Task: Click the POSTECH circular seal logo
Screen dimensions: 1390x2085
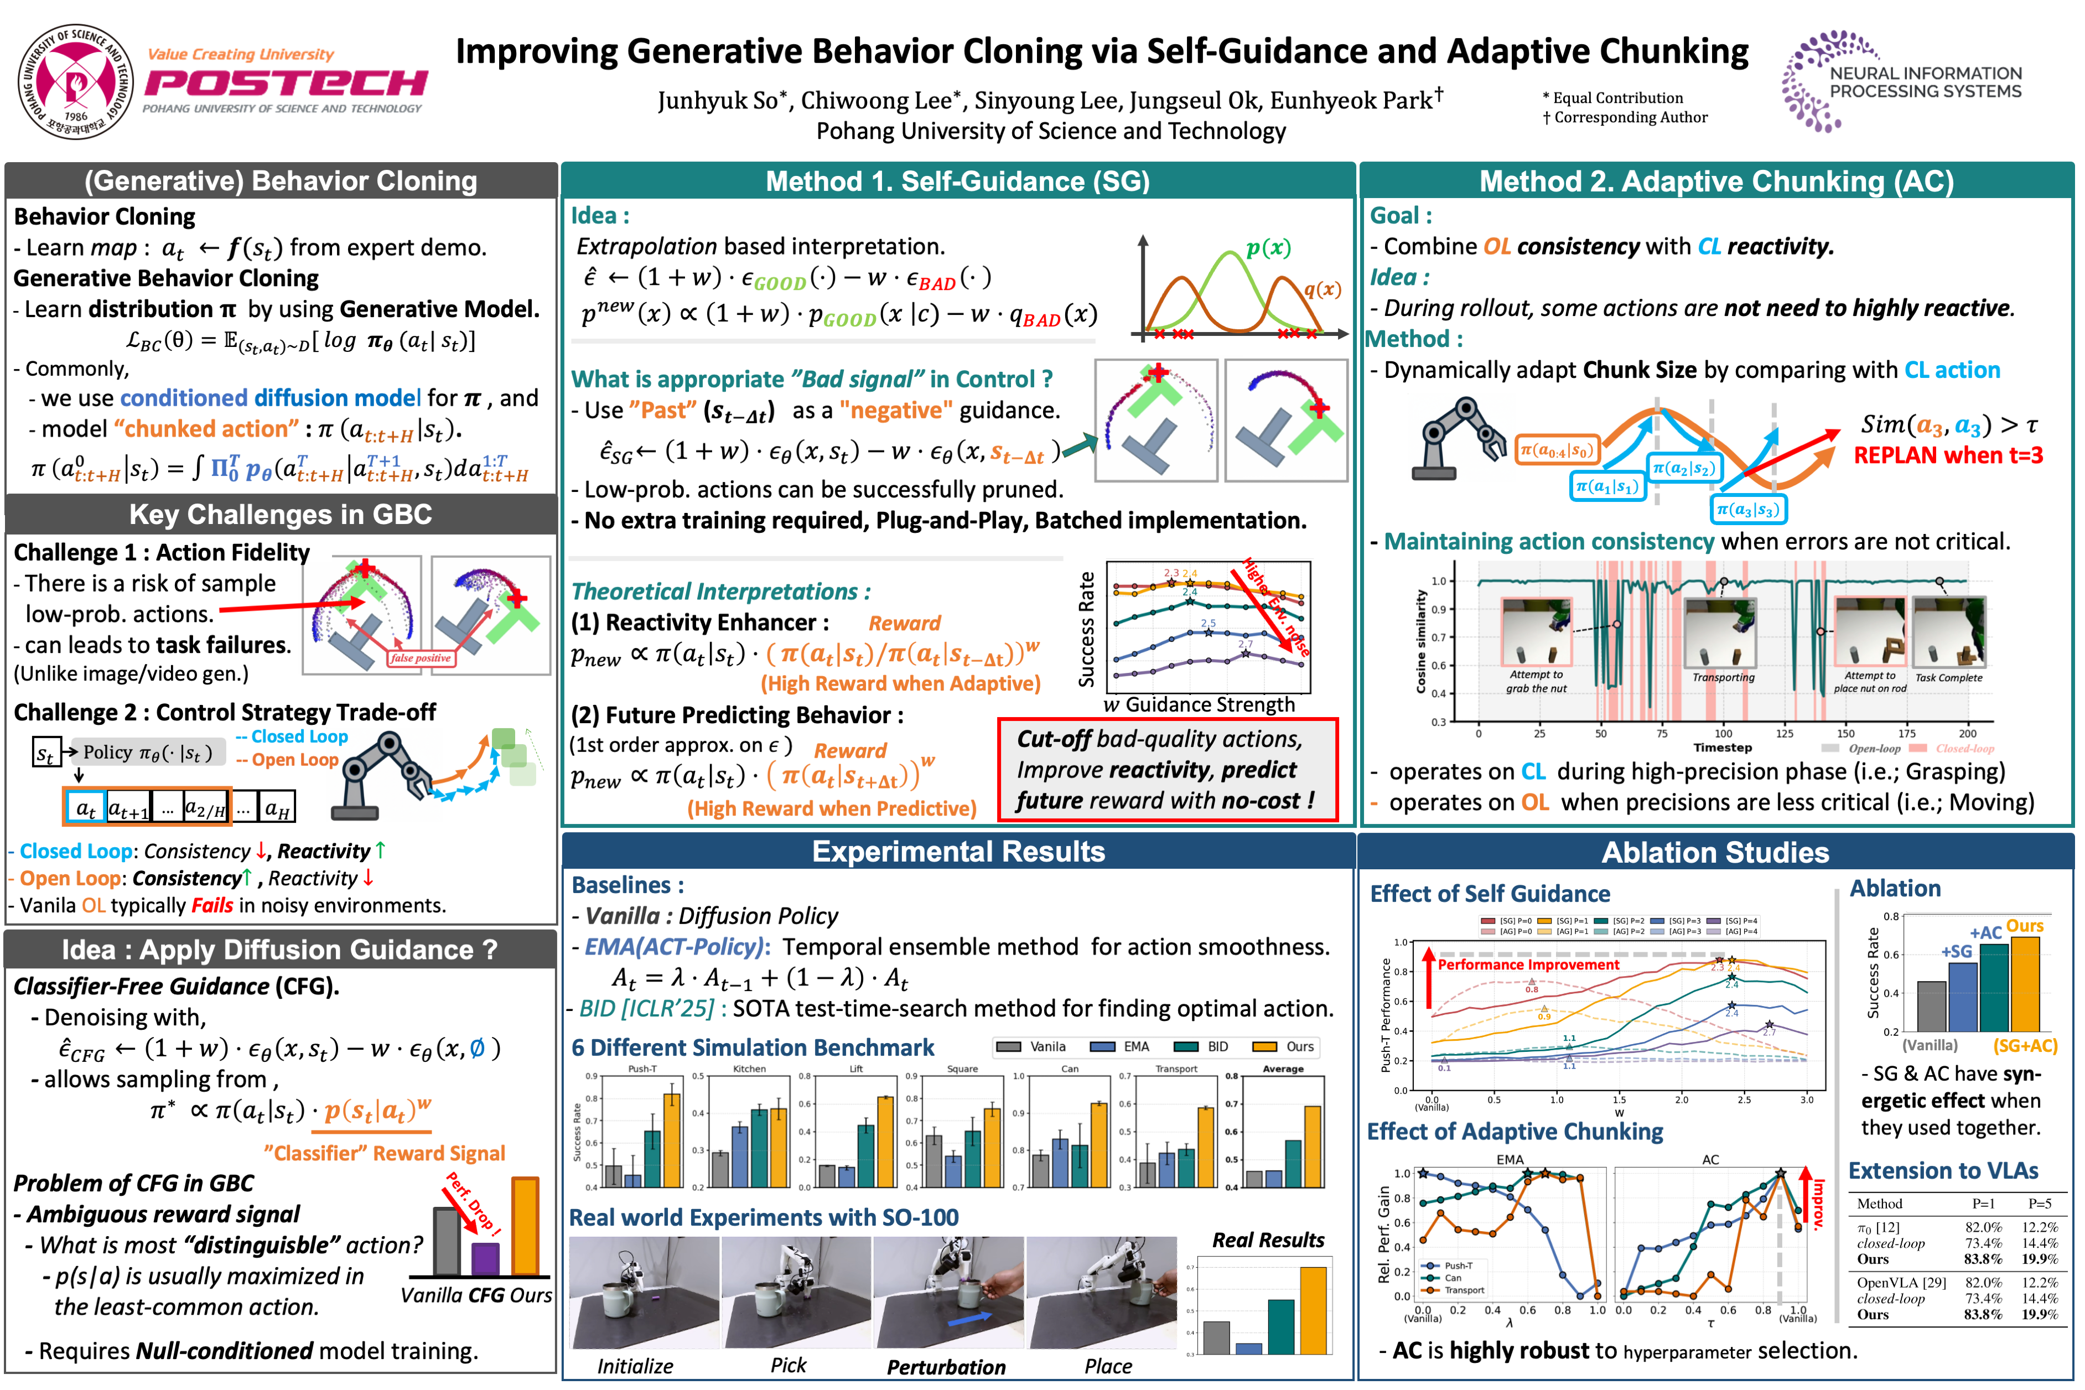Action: click(76, 81)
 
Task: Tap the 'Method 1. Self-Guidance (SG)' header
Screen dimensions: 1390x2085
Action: click(957, 181)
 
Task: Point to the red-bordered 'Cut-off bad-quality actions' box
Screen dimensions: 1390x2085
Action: click(1166, 770)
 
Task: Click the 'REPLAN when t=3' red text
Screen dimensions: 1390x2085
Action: click(1948, 455)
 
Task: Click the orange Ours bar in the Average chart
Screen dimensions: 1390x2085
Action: click(1312, 1146)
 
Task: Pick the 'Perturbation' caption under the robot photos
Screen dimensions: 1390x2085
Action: click(946, 1367)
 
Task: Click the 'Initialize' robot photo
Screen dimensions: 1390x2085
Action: click(644, 1293)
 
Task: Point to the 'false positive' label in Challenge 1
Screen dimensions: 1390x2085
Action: click(421, 658)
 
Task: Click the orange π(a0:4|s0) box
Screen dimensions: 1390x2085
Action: click(1556, 450)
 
